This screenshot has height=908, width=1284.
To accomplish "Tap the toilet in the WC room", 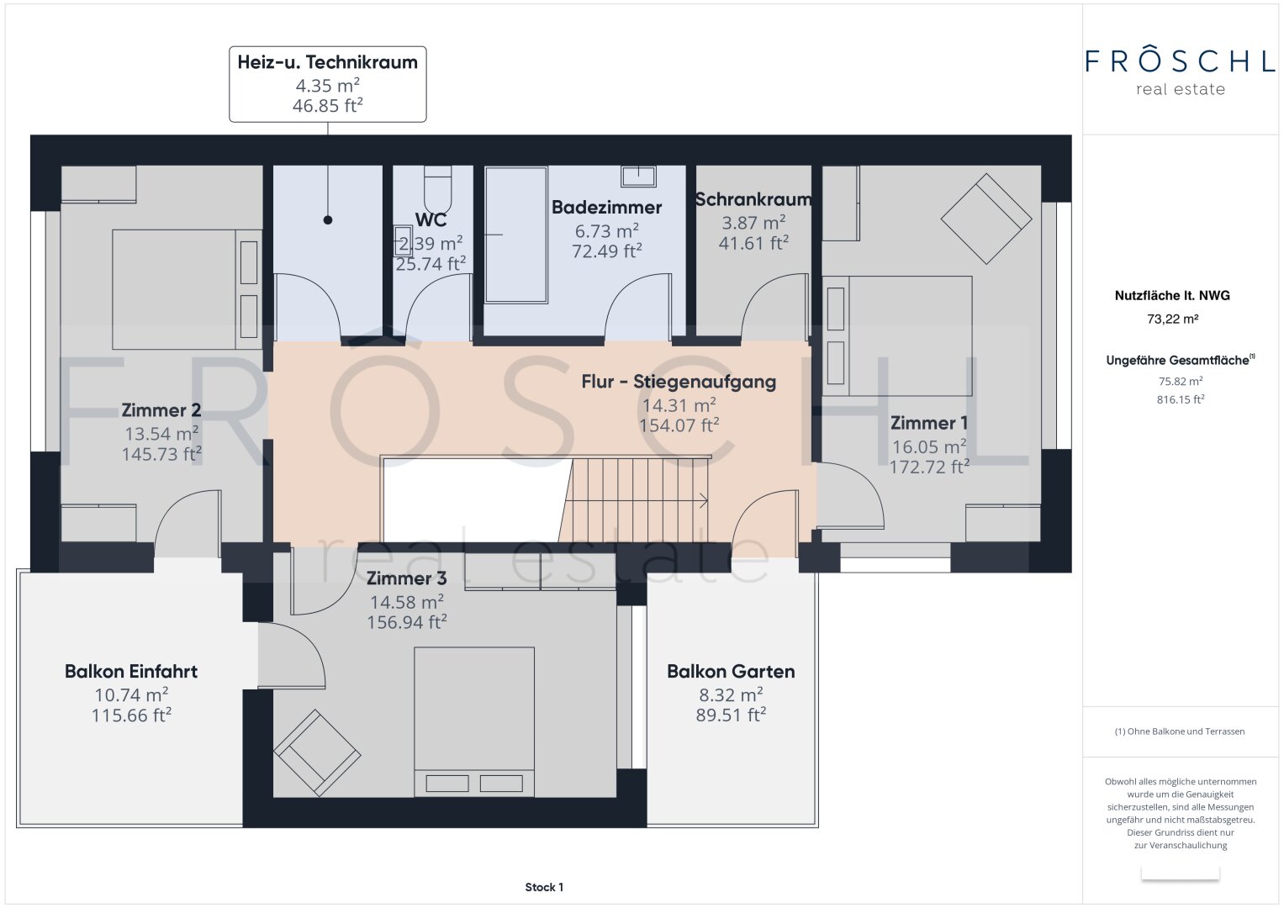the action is [x=438, y=189].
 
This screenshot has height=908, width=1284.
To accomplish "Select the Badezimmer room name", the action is [x=606, y=208].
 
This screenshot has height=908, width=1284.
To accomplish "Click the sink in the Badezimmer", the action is [x=638, y=176].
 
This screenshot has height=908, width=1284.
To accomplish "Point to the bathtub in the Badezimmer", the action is [x=516, y=235].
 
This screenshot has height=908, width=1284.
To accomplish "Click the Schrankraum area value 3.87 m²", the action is [x=753, y=223].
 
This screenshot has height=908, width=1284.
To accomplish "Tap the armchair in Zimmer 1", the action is [x=986, y=219].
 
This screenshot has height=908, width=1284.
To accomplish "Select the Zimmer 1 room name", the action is [x=928, y=423].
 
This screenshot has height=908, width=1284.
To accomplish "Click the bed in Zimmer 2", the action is [x=187, y=289].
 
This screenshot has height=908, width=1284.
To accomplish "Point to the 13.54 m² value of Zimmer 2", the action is [x=161, y=433].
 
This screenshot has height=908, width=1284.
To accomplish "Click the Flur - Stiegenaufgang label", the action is [x=679, y=382].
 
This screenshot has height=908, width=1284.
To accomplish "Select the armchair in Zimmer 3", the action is [x=317, y=753].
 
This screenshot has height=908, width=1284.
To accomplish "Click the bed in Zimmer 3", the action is [x=474, y=722].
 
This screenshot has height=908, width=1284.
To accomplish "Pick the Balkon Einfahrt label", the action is [x=130, y=671].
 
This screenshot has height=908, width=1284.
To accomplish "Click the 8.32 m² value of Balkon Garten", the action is [x=731, y=694].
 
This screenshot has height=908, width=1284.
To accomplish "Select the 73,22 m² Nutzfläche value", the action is [x=1172, y=319].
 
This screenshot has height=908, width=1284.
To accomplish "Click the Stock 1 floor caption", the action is [x=544, y=887].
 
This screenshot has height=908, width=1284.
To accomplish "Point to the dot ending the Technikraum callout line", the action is [x=328, y=220].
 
